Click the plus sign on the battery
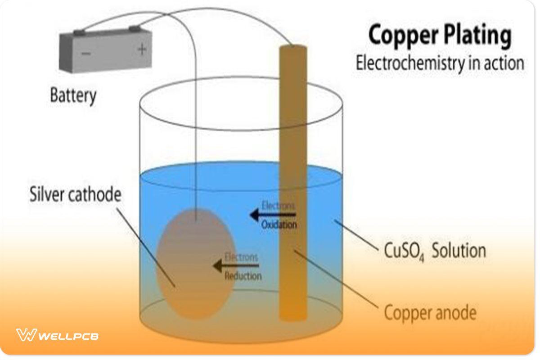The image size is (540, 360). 142,49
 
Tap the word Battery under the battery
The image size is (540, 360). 73,95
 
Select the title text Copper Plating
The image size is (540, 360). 440,36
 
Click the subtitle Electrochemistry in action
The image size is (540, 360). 440,63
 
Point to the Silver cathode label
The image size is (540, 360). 76,195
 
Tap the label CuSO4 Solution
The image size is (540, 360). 435,251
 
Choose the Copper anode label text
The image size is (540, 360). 430,312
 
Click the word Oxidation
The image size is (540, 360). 279,224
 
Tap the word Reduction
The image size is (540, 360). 243,275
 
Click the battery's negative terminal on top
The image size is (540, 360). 79,32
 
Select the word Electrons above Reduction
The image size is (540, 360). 242,257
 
